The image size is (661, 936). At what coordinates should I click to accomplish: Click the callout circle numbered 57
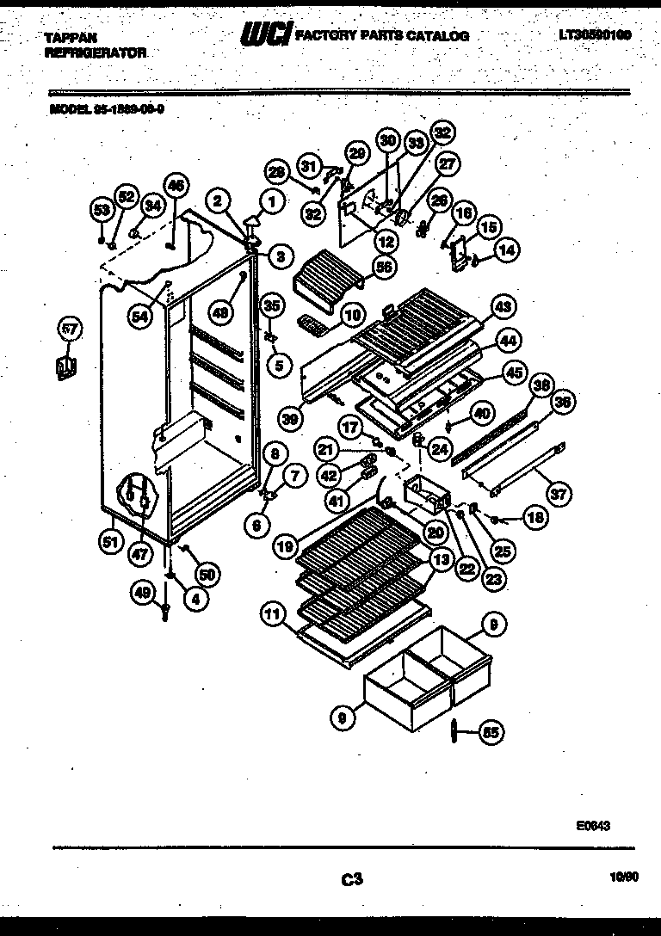tap(68, 329)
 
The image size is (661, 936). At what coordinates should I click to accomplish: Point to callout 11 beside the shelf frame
tap(273, 614)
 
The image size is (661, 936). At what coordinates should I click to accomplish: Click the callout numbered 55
tap(491, 733)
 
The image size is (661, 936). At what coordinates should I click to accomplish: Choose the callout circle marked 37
tap(560, 494)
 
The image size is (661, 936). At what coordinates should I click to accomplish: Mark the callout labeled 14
tap(508, 250)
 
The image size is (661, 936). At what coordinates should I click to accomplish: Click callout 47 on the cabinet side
tap(139, 556)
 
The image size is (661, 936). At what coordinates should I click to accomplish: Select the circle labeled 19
tap(284, 545)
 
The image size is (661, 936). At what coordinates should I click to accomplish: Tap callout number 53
tap(102, 209)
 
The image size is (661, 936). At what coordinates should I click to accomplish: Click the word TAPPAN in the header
tap(71, 38)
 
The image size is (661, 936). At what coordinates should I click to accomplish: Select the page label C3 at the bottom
tap(350, 879)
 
